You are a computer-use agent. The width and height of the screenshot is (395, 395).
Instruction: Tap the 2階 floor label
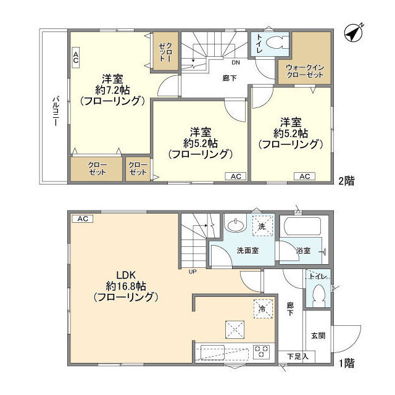[x=346, y=181]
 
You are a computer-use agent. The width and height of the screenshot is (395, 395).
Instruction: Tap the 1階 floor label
[x=346, y=363]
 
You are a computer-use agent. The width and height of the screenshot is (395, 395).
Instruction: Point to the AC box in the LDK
[x=81, y=218]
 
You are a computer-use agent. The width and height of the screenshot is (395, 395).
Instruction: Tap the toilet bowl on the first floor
[x=319, y=296]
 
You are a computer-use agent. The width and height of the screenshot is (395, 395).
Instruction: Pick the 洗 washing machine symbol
[x=260, y=227]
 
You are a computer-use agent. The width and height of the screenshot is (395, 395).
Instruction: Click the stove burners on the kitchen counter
[x=262, y=352]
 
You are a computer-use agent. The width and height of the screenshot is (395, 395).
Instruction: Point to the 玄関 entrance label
[x=318, y=336]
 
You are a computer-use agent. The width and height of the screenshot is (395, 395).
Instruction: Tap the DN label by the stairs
[x=236, y=63]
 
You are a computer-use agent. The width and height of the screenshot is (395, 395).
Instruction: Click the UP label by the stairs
[x=193, y=270]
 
